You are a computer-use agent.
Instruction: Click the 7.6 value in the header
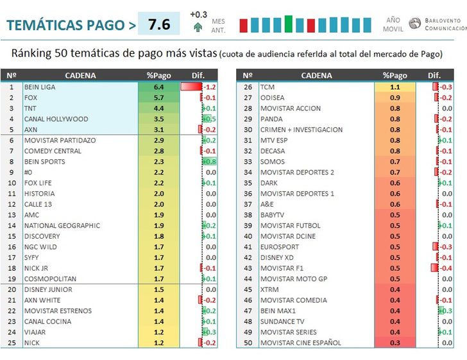point(159,25)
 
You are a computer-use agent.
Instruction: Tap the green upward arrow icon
point(198,27)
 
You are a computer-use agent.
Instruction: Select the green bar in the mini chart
point(289,24)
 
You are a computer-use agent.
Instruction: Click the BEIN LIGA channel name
point(40,87)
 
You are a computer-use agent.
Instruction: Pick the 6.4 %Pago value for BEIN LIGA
point(159,87)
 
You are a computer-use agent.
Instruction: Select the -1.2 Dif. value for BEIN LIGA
point(208,87)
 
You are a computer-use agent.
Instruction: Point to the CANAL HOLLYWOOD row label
point(56,119)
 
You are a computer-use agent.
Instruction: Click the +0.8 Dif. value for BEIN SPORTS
point(209,162)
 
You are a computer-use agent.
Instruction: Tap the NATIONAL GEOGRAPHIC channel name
point(62,226)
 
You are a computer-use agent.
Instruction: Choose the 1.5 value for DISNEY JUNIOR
point(159,289)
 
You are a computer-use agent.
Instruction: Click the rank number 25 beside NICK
point(11,343)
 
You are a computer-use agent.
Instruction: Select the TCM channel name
point(267,87)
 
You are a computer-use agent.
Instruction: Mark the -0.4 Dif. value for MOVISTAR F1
point(445,268)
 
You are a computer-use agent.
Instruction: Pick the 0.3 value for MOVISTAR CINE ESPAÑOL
point(395,343)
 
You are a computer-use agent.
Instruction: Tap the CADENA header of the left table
point(80,76)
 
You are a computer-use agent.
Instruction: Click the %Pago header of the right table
point(395,76)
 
